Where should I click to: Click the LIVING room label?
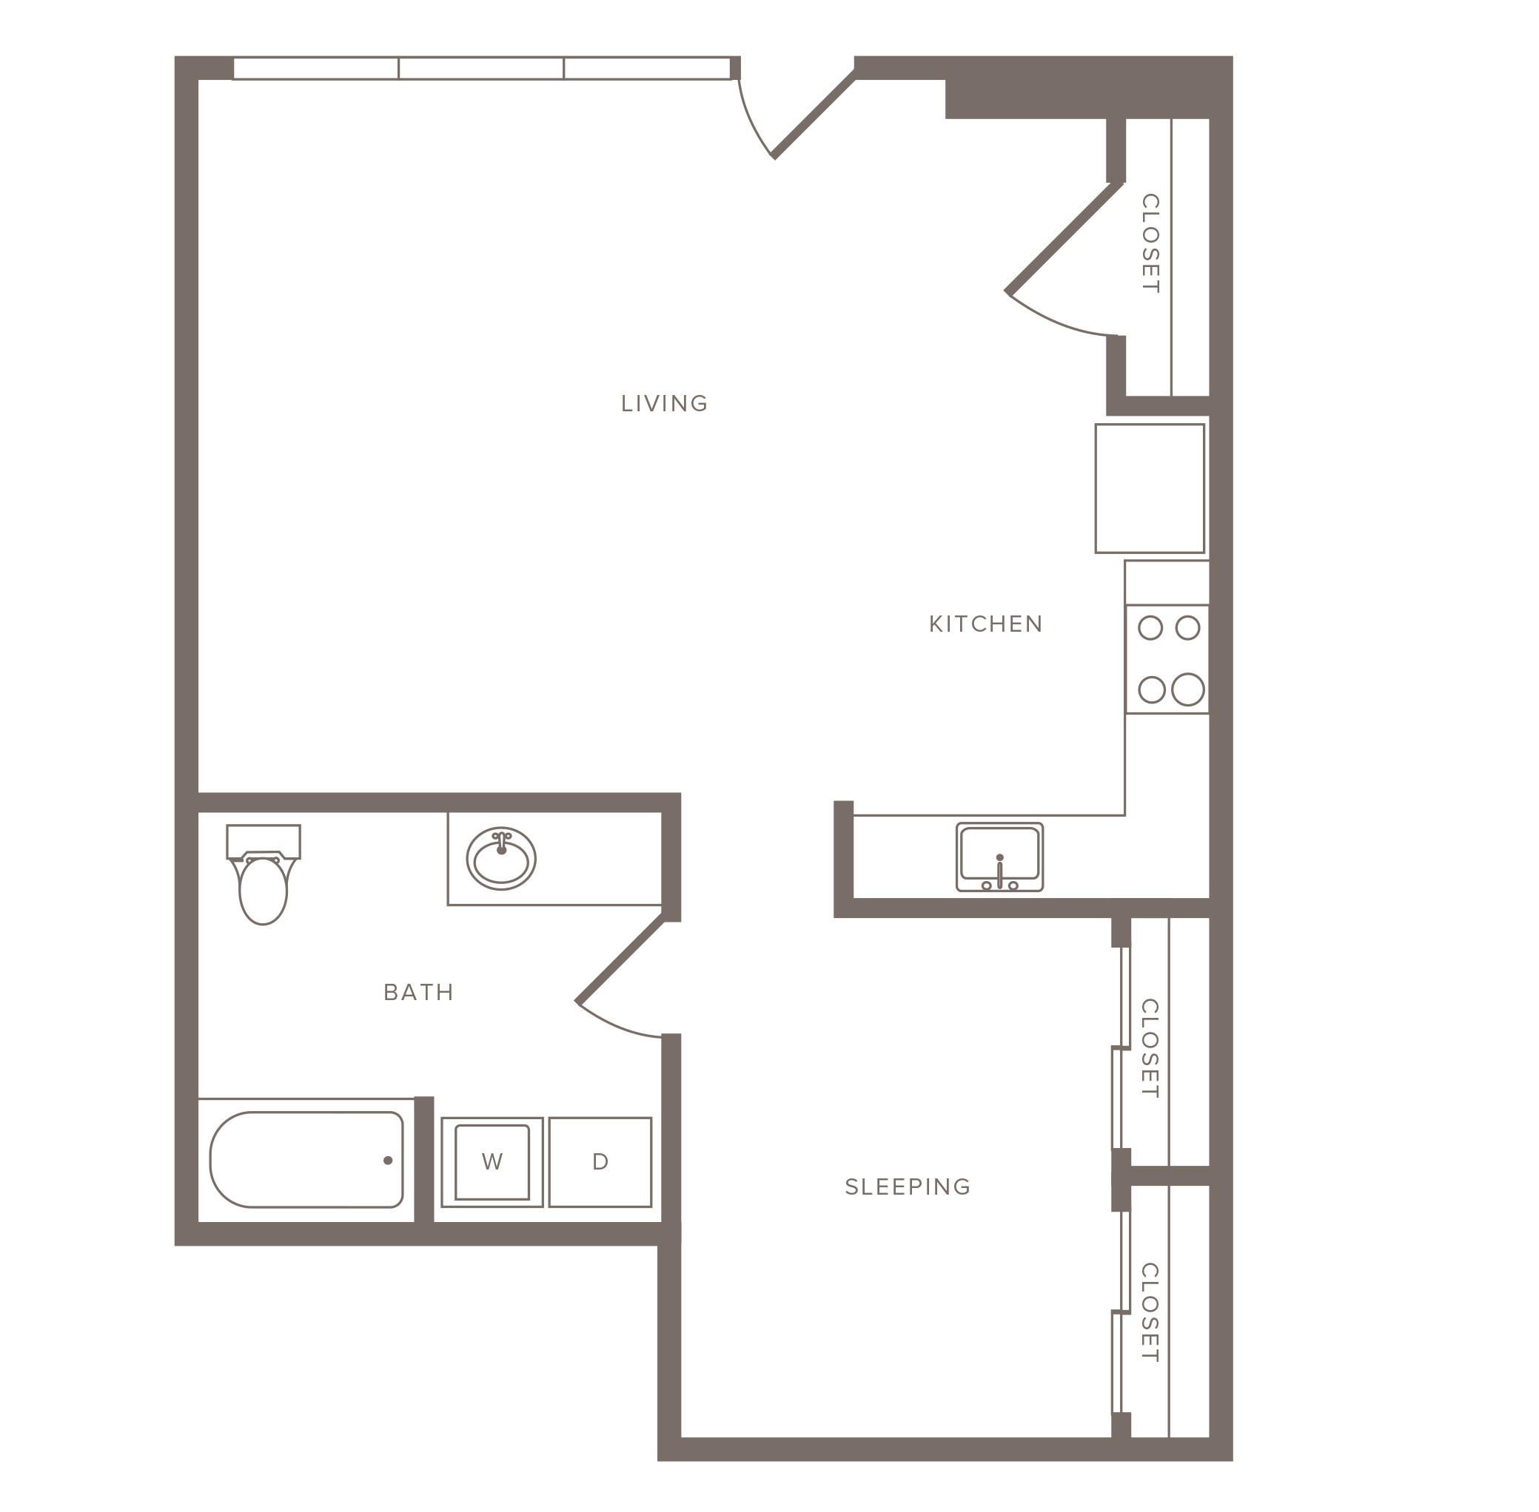(x=664, y=403)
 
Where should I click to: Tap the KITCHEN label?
(x=985, y=624)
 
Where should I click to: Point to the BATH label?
(x=418, y=992)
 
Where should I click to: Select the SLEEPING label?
(x=908, y=1187)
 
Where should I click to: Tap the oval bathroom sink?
(x=500, y=858)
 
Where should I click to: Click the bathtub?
(x=306, y=1159)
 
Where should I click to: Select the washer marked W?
(x=492, y=1162)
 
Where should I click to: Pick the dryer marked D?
(x=600, y=1162)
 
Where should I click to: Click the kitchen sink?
(x=999, y=857)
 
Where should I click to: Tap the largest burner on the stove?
(x=1188, y=689)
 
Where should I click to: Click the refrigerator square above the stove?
(x=1150, y=488)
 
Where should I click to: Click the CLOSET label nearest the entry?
(x=1150, y=244)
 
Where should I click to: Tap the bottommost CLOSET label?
(x=1150, y=1314)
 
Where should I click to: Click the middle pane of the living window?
(x=480, y=69)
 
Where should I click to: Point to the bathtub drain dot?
(x=388, y=1160)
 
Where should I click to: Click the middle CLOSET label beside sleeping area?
(x=1150, y=1049)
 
